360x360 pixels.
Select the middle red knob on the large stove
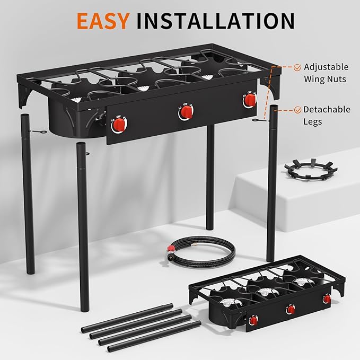pos(185,112)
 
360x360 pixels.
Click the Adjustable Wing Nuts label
pos(326,73)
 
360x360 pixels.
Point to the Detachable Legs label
pos(326,116)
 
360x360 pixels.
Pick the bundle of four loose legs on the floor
pos(154,326)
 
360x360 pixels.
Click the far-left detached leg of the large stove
pos(29,186)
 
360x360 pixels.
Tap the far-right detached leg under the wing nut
pos(272,180)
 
